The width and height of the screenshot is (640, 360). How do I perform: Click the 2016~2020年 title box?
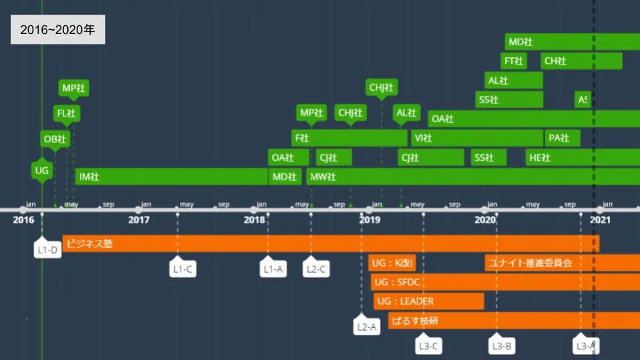(x=58, y=30)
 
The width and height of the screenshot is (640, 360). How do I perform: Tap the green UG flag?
(x=41, y=171)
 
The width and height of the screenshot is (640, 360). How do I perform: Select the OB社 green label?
(x=55, y=139)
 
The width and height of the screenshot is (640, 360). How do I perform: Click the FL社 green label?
(x=67, y=113)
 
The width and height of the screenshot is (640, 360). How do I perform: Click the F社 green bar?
(x=349, y=138)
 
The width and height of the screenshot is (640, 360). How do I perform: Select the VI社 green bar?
(x=477, y=138)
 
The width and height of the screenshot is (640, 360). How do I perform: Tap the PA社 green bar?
(x=562, y=138)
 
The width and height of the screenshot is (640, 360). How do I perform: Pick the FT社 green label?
(x=513, y=61)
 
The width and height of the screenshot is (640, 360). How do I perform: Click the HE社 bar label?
(x=539, y=158)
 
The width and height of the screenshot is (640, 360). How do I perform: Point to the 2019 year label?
(x=369, y=219)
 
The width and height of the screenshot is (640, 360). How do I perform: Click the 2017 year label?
(x=139, y=219)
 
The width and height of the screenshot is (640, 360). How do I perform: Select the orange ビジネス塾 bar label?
(x=90, y=244)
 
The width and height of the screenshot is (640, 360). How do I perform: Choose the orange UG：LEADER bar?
(x=428, y=301)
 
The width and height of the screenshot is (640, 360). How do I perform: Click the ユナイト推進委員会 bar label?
(x=530, y=263)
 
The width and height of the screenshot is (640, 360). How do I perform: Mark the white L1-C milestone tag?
(x=183, y=269)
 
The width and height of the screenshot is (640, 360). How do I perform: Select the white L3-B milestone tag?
(x=501, y=345)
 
